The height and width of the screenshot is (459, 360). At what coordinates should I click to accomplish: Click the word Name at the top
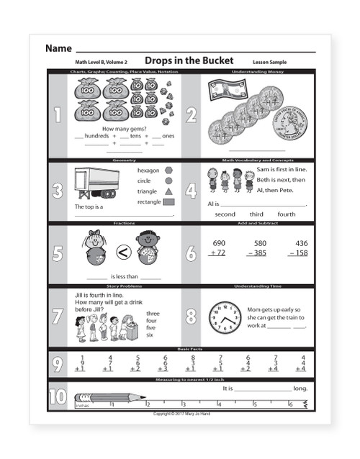[58, 48]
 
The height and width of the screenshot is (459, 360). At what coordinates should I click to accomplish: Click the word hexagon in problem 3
[148, 171]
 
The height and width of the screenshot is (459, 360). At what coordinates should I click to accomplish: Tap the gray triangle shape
[168, 191]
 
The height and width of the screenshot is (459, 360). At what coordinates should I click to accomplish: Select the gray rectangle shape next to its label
[168, 202]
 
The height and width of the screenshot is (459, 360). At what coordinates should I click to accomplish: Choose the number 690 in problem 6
[219, 243]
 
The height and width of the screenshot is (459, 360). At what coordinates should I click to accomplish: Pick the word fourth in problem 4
[287, 214]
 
